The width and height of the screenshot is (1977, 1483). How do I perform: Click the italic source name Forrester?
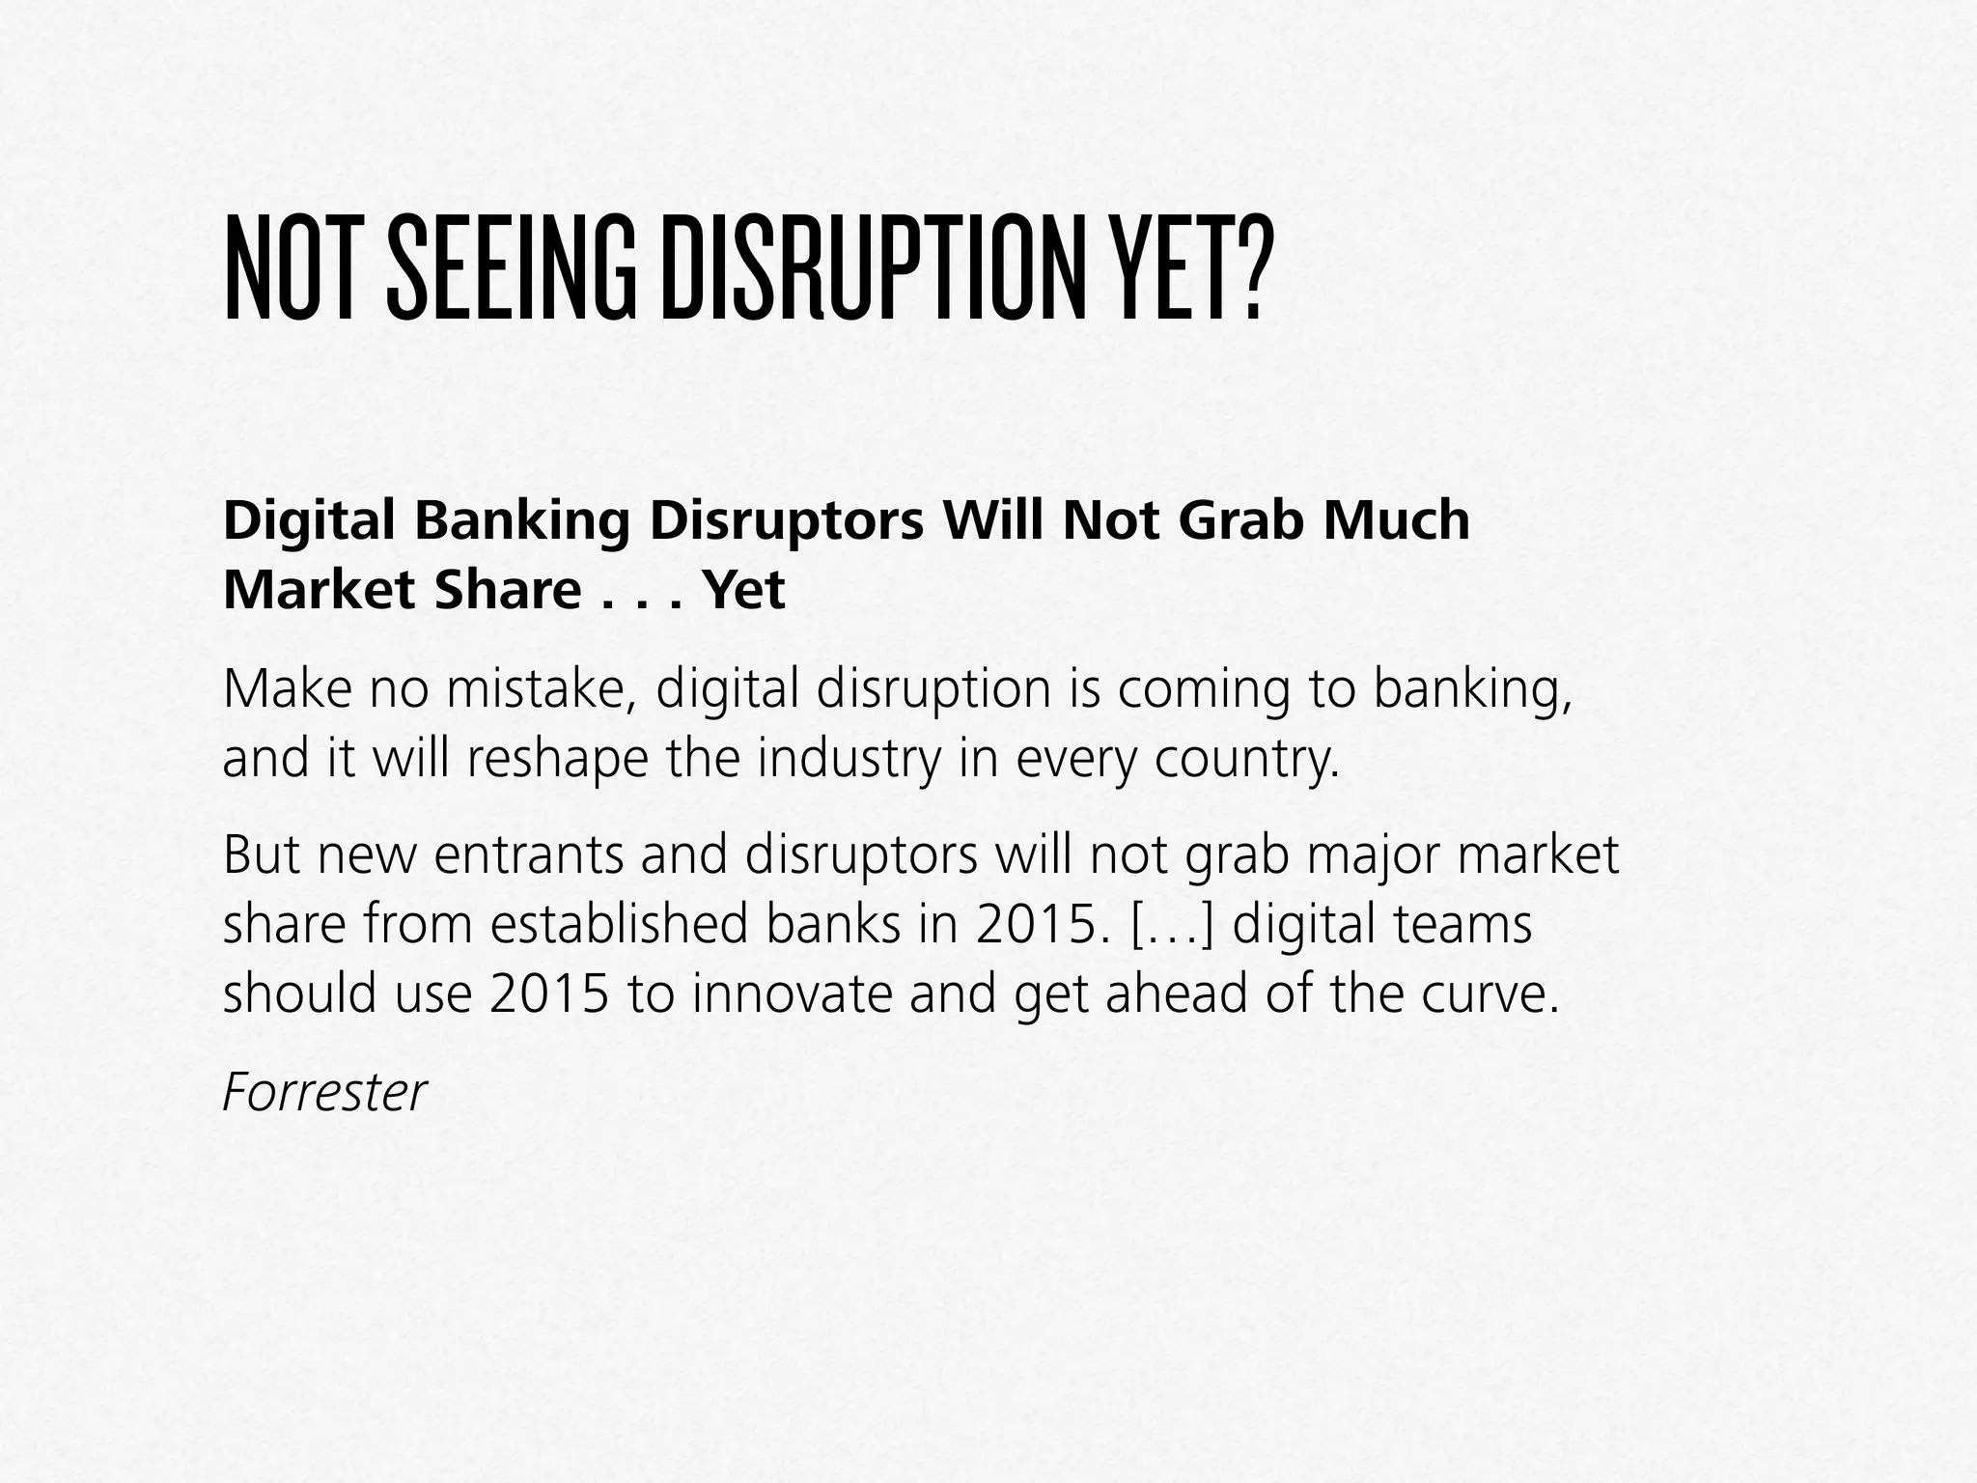(x=324, y=1092)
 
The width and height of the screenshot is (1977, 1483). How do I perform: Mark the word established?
(x=619, y=924)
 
